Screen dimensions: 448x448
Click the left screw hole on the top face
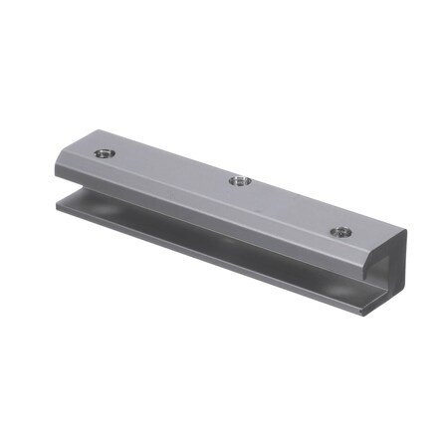pos(104,153)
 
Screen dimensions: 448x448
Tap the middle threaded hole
pos(239,180)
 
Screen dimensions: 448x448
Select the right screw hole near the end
pos(341,231)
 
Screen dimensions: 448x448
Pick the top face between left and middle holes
pos(169,167)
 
